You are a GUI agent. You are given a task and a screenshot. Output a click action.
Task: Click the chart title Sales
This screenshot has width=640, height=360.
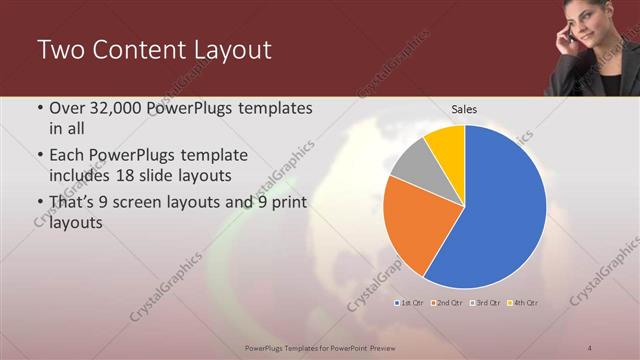point(464,109)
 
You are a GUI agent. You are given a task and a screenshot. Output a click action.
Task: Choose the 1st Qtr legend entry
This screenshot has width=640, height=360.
point(410,302)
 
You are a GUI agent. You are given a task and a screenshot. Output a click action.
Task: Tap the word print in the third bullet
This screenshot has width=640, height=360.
point(286,203)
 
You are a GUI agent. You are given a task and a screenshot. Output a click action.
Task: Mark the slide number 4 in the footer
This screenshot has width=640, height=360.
point(590,347)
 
